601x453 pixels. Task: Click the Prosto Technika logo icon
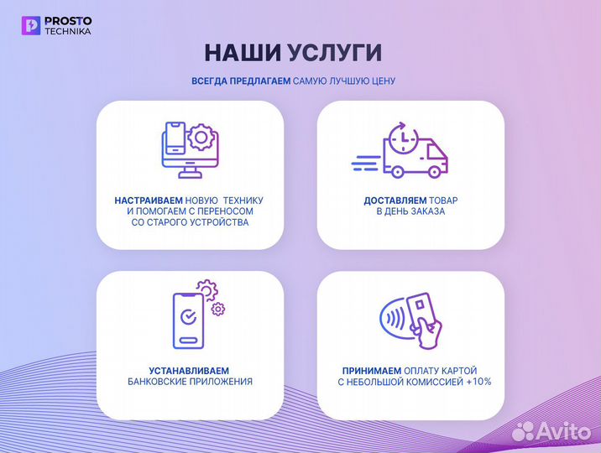click(32, 25)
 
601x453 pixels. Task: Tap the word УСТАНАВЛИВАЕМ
click(189, 370)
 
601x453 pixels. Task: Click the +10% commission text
click(480, 382)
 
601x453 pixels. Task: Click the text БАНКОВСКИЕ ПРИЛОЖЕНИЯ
click(189, 382)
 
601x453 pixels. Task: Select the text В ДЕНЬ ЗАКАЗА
click(410, 212)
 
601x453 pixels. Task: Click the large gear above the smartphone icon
click(206, 290)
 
